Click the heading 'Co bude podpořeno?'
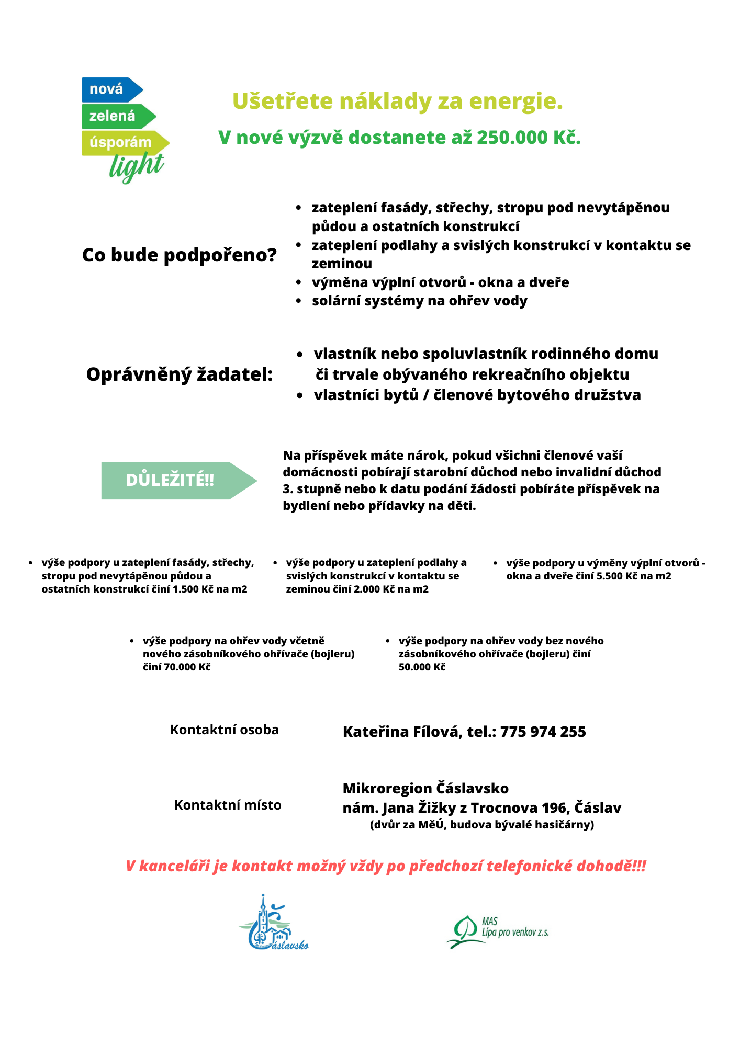180,255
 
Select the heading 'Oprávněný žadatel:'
180,374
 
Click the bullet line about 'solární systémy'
419,301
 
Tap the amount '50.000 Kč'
422,667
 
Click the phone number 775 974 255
543,732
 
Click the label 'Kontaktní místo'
228,805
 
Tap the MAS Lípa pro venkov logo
497,931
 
